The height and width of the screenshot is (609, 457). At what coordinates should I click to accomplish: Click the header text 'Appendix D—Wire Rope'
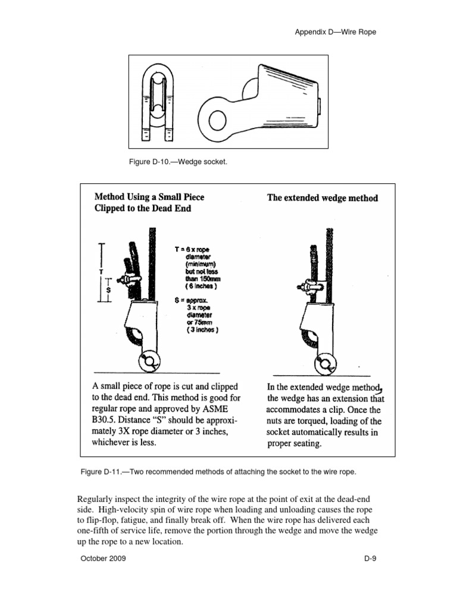(x=336, y=32)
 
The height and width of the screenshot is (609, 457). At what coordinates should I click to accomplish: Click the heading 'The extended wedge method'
(x=323, y=198)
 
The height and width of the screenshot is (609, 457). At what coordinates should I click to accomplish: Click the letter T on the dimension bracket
(x=101, y=271)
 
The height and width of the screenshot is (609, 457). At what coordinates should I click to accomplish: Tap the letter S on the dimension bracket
(x=108, y=290)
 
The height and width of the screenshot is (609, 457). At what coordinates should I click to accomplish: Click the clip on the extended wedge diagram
(x=309, y=286)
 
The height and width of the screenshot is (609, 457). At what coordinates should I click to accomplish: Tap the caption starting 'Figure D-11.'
(x=218, y=472)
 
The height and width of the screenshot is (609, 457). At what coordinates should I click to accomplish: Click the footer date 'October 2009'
(x=103, y=559)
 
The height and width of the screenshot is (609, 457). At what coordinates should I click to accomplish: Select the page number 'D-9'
(x=371, y=559)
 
